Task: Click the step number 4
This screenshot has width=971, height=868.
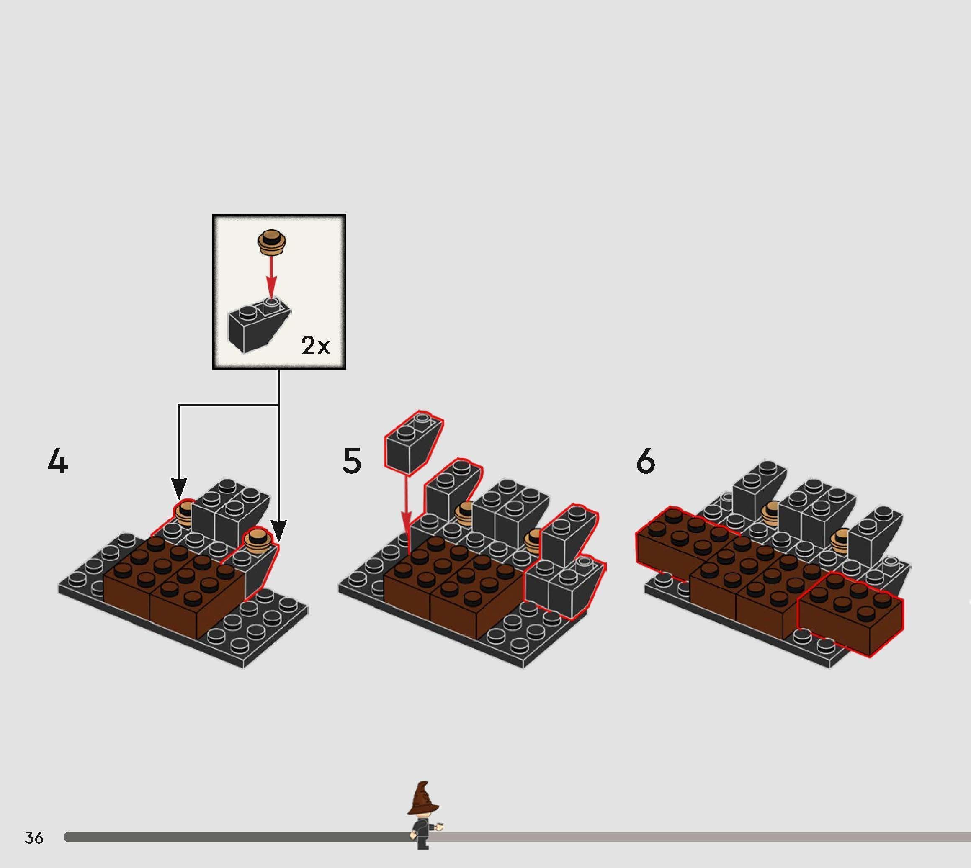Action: [58, 462]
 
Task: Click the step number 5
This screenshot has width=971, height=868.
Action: [352, 461]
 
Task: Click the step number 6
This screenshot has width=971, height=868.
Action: [646, 461]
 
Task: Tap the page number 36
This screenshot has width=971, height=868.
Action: [34, 837]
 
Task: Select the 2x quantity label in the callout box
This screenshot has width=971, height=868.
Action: [315, 345]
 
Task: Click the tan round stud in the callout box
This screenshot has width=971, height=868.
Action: [271, 242]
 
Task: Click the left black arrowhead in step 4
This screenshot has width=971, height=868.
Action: [179, 489]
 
